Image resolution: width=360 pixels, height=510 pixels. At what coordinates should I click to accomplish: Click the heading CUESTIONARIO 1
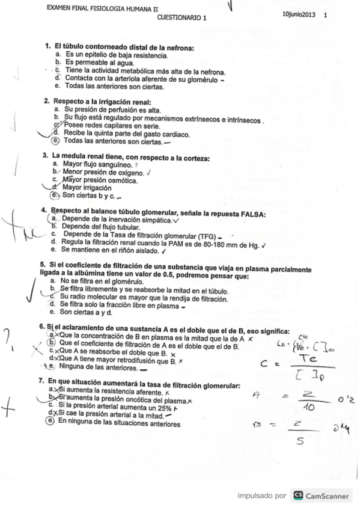(182, 18)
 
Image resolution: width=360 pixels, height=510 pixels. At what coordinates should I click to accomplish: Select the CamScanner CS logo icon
(297, 496)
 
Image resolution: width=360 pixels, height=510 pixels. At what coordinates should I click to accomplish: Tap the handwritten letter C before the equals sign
(263, 364)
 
